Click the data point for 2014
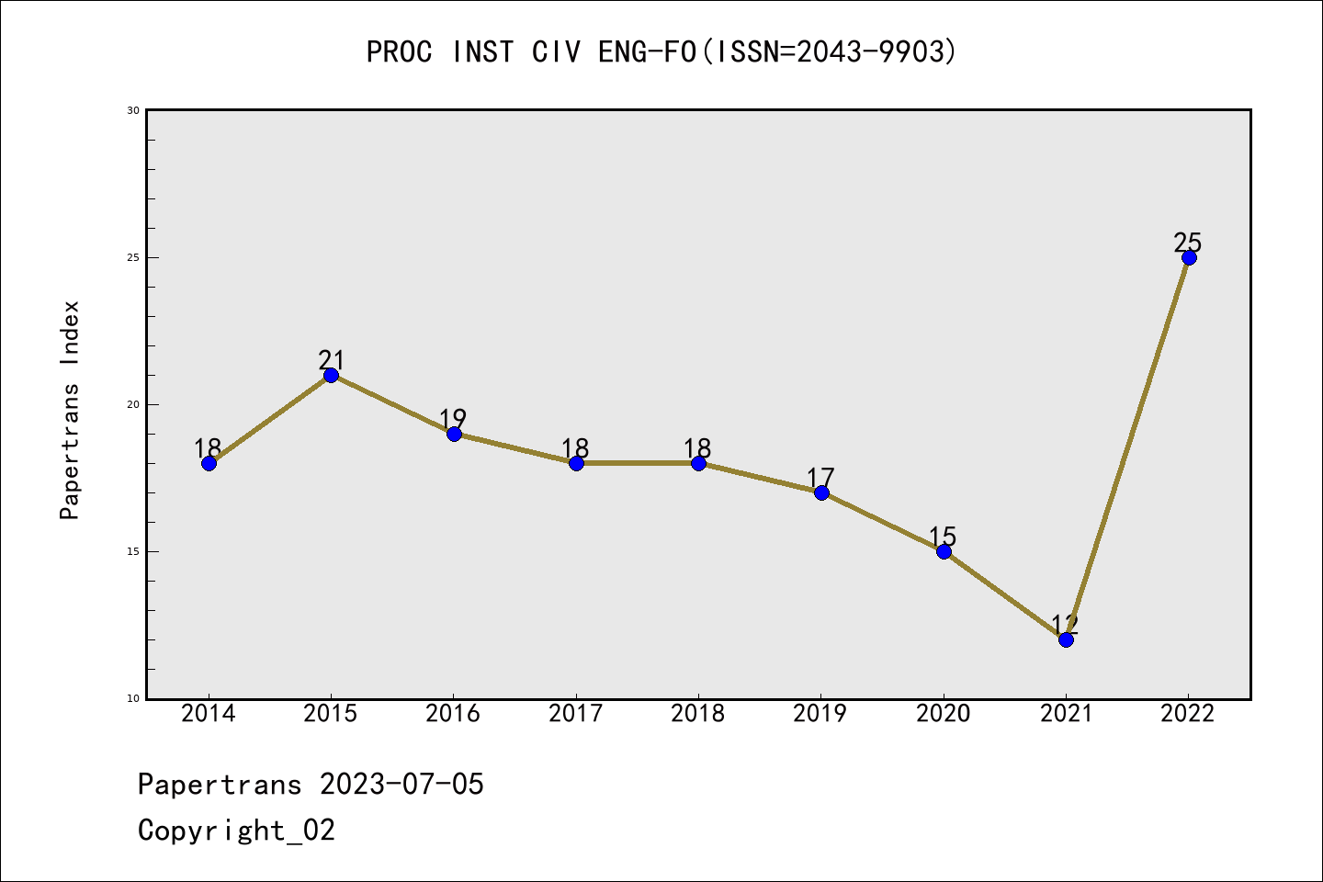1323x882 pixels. [x=209, y=463]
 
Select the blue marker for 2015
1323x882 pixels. [x=331, y=375]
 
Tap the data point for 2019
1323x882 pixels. [x=821, y=492]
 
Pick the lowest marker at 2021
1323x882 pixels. [x=1066, y=639]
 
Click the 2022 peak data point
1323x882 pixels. [x=1189, y=257]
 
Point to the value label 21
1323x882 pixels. [x=331, y=359]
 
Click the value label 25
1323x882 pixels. [x=1188, y=243]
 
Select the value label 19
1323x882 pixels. [x=453, y=418]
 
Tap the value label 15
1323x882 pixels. [x=943, y=536]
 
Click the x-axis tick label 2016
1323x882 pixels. [x=453, y=714]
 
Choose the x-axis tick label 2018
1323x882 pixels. [x=698, y=714]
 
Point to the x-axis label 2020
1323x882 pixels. [x=944, y=714]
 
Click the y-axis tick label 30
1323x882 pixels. [x=133, y=110]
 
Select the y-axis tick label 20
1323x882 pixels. [x=133, y=404]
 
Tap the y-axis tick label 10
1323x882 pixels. [x=133, y=698]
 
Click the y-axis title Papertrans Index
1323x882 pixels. [x=70, y=410]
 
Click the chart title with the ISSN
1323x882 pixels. [x=661, y=51]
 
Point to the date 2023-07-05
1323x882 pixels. [x=401, y=785]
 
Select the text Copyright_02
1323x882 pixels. [x=237, y=831]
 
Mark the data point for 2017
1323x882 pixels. [x=576, y=463]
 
